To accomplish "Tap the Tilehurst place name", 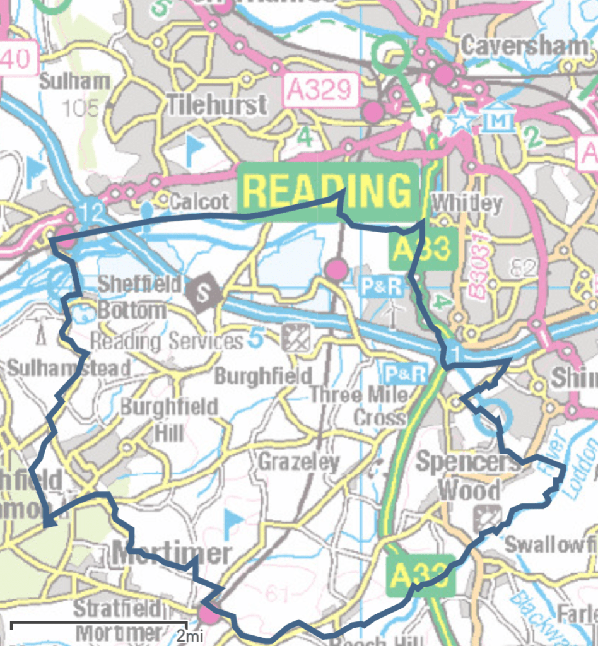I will pos(216,105).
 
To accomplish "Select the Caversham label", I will pos(524,45).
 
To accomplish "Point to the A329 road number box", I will pos(320,90).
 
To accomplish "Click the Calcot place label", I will pos(199,202).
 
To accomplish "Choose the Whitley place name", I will pos(467,203).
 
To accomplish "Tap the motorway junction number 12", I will pos(91,214).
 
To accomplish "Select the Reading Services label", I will pos(167,342).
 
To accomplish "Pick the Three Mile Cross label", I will pos(358,406).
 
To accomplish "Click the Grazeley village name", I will pos(298,462).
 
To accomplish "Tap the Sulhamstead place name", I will pos(69,367).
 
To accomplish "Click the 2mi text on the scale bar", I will pos(189,634).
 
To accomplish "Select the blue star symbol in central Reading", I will pos(462,120).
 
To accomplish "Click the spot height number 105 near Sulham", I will pos(80,109).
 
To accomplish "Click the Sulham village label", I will pos(74,81).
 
